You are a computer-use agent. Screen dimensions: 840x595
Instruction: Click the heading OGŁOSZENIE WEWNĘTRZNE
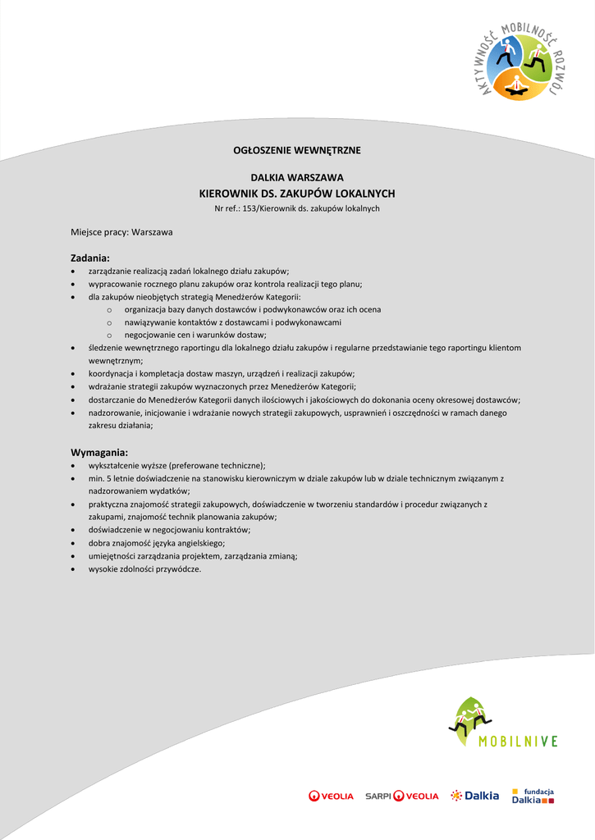tap(297, 150)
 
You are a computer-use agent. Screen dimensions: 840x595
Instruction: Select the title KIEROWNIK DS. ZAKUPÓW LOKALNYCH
tap(297, 194)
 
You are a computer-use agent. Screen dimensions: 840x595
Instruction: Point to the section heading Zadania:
tap(90, 258)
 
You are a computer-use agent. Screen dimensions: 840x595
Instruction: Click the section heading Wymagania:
tap(99, 452)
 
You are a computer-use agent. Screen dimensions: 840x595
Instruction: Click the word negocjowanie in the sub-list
tap(149, 335)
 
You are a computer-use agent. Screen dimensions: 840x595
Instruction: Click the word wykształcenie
tap(114, 465)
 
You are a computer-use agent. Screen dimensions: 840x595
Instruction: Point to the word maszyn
tap(224, 373)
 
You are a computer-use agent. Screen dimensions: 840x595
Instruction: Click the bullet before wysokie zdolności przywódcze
tap(75, 568)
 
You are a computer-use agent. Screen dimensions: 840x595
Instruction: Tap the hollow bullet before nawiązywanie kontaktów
tap(109, 322)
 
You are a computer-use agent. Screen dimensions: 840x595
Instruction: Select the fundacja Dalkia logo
tap(533, 795)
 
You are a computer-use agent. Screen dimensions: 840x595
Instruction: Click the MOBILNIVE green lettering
tap(518, 742)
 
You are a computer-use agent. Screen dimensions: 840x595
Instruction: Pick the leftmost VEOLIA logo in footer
tap(331, 796)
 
